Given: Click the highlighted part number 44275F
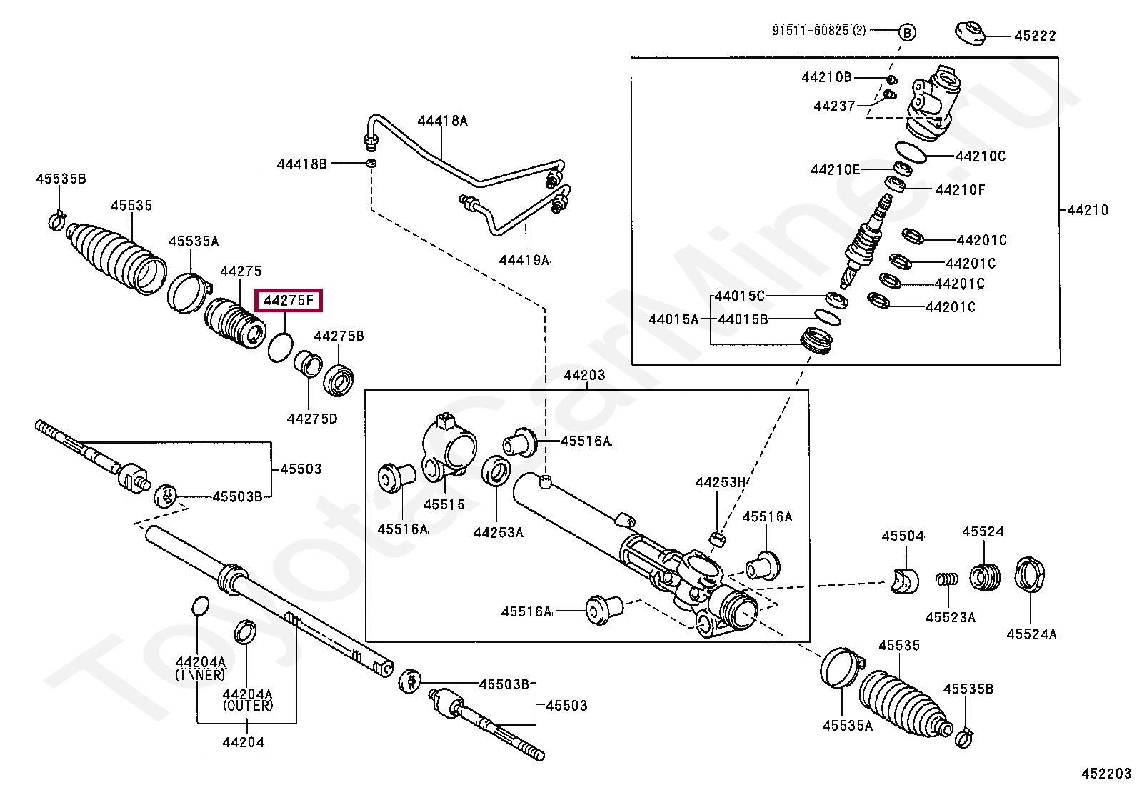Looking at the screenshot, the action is click(289, 301).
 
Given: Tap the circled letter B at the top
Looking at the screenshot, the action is click(907, 33).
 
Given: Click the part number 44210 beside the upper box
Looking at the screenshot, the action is click(1088, 210).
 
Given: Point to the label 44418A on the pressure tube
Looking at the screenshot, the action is click(442, 121).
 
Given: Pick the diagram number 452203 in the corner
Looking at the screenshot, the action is click(1106, 774).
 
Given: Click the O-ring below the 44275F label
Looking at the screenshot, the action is click(281, 347).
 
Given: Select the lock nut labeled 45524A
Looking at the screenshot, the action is click(1029, 574).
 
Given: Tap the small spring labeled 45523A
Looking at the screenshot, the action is click(947, 580).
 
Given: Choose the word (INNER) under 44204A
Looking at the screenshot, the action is click(199, 675).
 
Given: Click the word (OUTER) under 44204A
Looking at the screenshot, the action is click(248, 705).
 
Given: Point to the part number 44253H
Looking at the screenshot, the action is click(720, 482).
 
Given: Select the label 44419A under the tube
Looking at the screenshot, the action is click(524, 261).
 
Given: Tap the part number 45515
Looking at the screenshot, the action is click(444, 504).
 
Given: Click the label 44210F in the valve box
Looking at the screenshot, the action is click(960, 190).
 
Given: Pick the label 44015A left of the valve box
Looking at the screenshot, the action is click(673, 319).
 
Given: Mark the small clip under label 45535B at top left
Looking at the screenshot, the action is click(57, 220).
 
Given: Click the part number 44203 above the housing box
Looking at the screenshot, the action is click(585, 375).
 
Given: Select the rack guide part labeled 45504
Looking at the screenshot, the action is click(905, 581).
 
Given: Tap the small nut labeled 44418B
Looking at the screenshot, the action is click(371, 163).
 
